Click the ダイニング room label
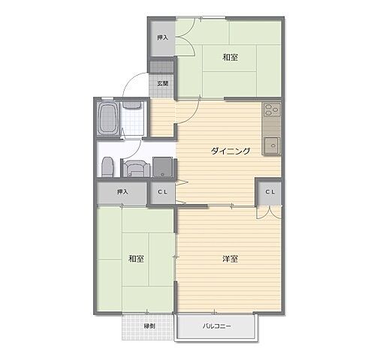coord(231,151)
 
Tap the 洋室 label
coord(230,259)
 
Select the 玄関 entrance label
coord(162,83)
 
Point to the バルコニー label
coord(217,326)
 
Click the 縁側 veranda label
coord(149,326)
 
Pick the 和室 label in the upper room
coord(230,57)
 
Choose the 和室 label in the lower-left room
coord(136,259)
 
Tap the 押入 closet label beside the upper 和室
coord(162,37)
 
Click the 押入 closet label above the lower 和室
coord(122,192)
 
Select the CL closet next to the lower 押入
coord(162,192)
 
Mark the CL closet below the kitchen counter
coord(270,192)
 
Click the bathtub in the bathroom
coord(108,118)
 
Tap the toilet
coord(107,167)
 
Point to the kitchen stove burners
coord(272,109)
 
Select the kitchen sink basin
coord(271,145)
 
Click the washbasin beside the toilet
coord(135,169)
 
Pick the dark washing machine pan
coord(163,167)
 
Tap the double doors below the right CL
coord(269,212)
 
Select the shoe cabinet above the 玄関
coord(161,67)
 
